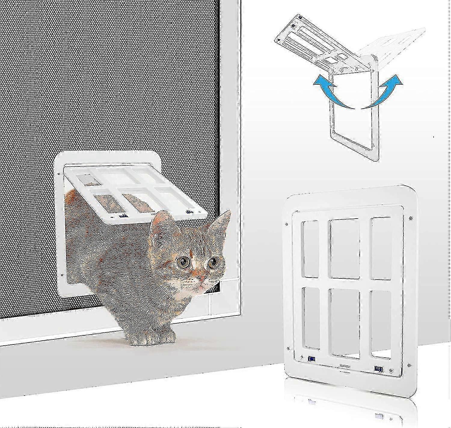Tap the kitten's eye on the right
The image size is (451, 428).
[213, 263]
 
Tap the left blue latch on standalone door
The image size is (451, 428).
[311, 358]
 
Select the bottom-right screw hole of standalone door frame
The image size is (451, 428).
[409, 366]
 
